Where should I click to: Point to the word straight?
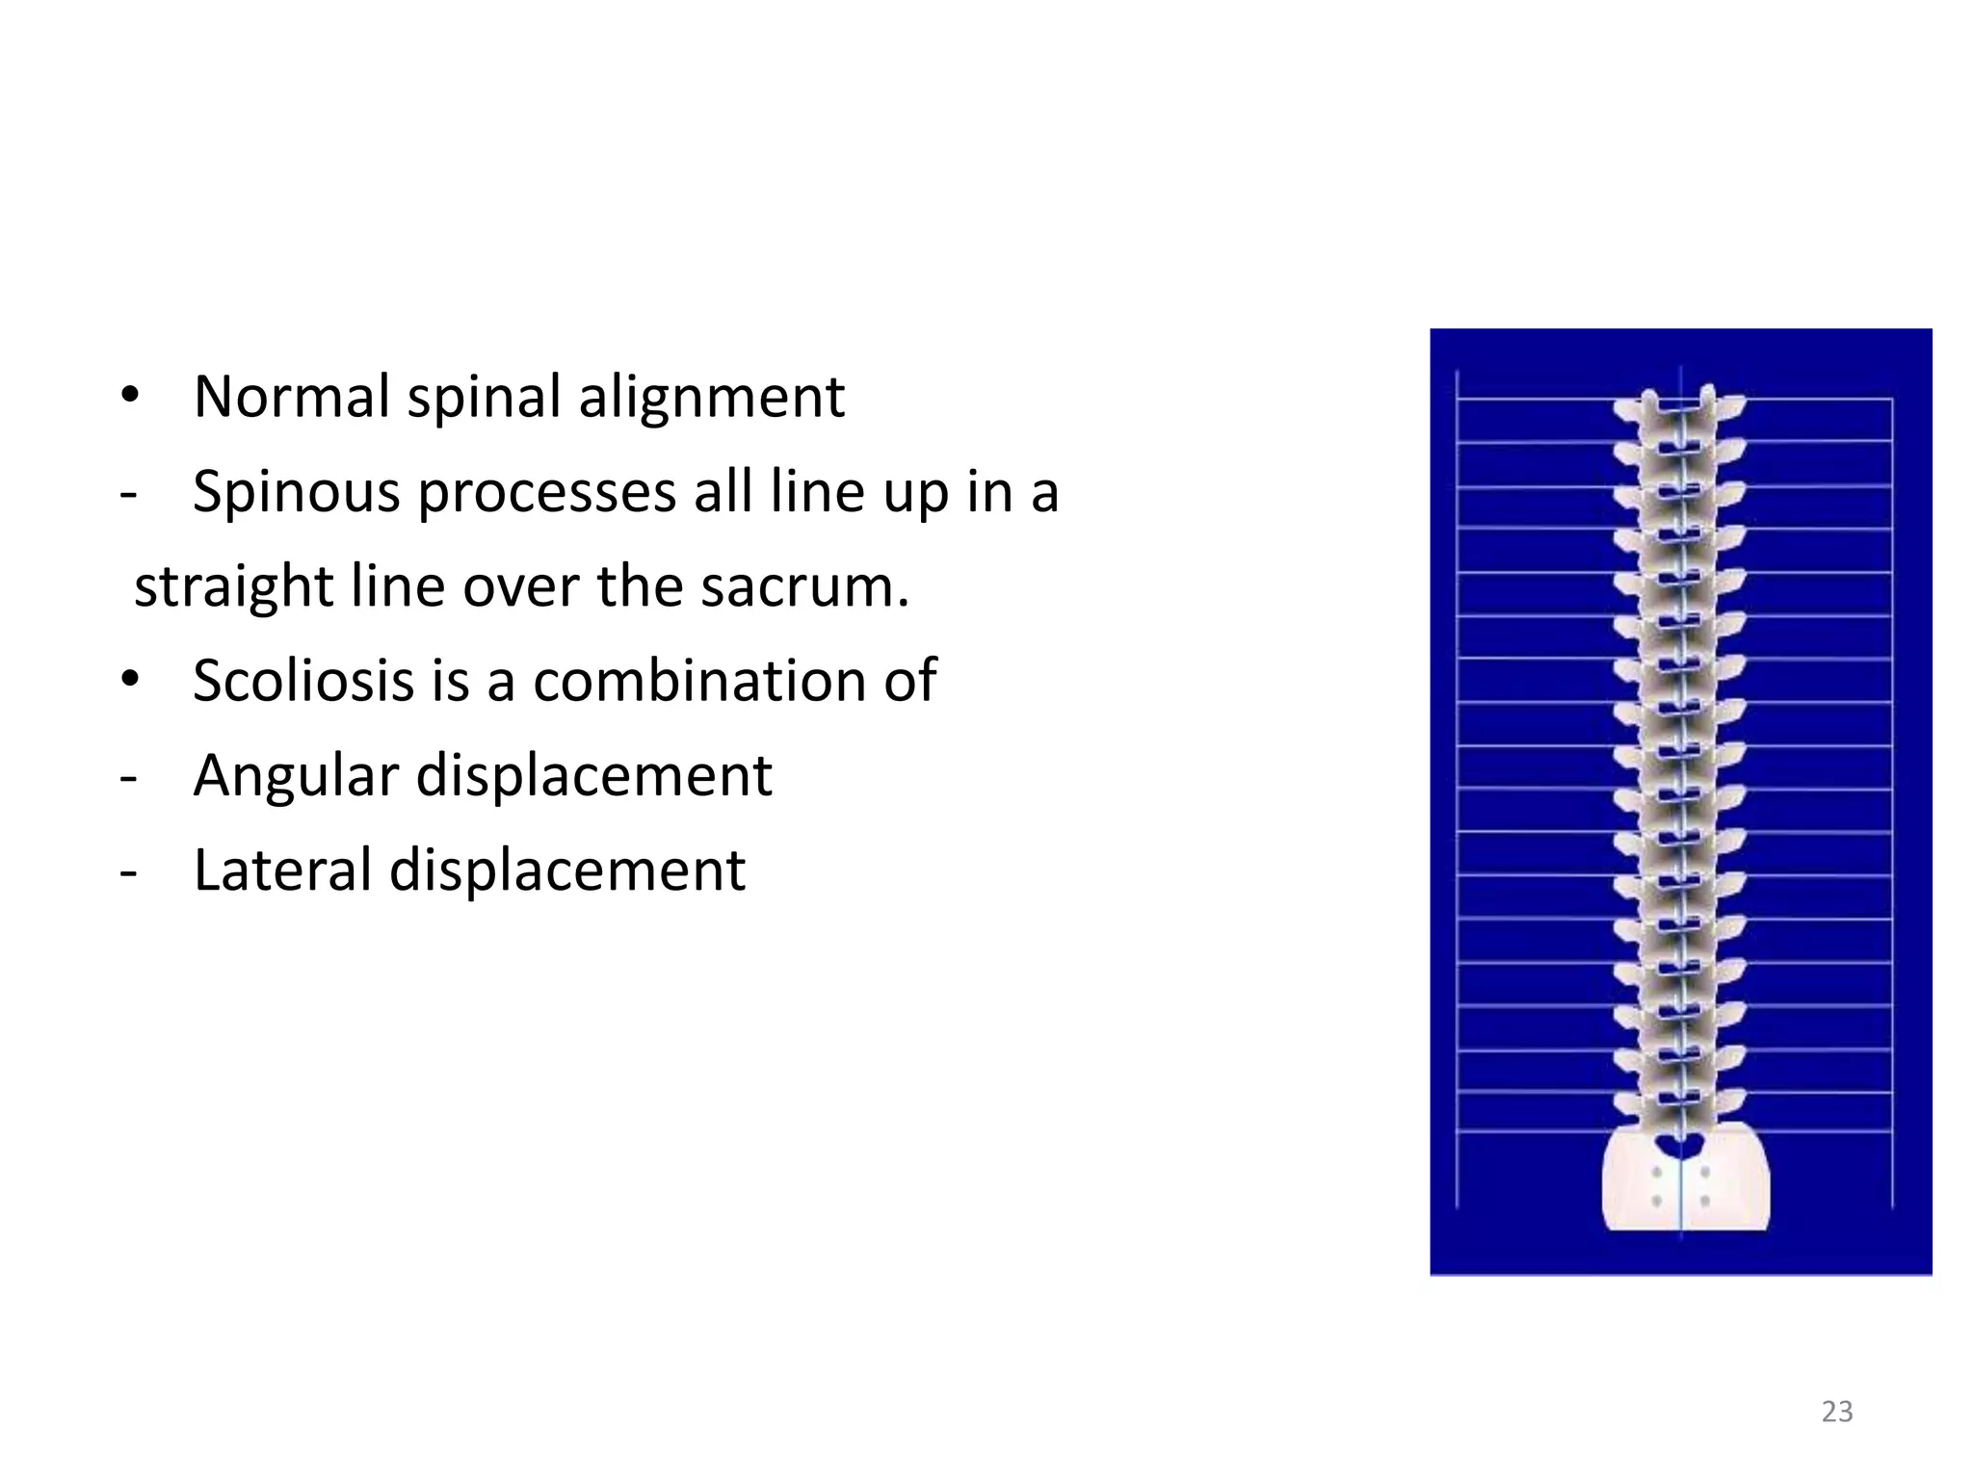[x=232, y=587]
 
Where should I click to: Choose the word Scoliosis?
[x=303, y=681]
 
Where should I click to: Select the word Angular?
[x=295, y=777]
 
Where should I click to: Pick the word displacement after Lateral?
[x=567, y=871]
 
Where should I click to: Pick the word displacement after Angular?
[x=593, y=777]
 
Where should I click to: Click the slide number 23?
[x=1837, y=1412]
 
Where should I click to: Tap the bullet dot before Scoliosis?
[x=130, y=681]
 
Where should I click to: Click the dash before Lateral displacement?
[x=128, y=871]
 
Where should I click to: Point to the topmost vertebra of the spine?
[x=1680, y=408]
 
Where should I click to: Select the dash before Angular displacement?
[x=128, y=777]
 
